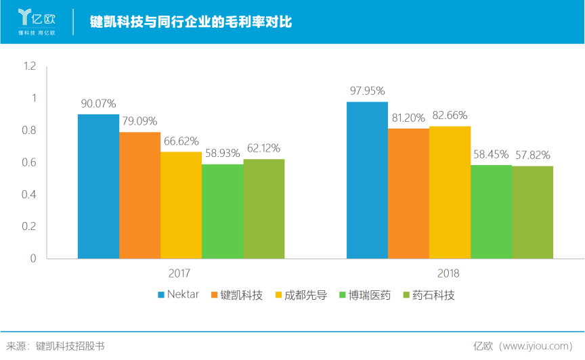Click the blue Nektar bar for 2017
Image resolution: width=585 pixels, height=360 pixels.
point(98,186)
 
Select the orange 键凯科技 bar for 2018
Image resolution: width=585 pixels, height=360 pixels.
point(408,193)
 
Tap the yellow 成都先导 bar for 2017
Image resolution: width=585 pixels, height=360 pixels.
point(181,205)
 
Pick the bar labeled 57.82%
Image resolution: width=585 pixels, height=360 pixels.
point(532,212)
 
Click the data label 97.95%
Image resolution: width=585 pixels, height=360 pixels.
point(367,91)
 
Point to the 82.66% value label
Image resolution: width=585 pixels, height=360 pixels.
point(450,115)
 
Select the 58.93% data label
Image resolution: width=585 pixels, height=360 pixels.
point(222,154)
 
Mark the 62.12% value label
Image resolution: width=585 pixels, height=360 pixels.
point(263,148)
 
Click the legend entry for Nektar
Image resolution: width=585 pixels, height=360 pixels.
point(178,295)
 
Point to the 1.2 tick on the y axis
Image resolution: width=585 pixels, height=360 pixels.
point(28,66)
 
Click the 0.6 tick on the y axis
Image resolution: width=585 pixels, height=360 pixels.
point(28,162)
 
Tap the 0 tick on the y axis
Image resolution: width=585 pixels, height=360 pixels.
point(32,258)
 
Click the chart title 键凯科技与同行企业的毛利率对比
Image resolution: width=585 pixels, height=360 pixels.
point(191,22)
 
